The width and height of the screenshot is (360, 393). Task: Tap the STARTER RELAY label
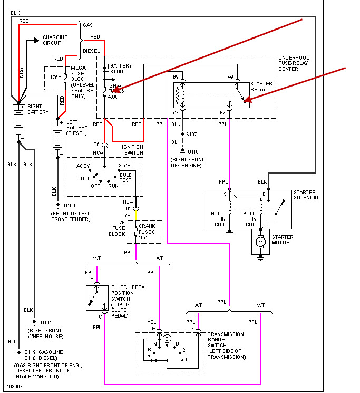(x=261, y=87)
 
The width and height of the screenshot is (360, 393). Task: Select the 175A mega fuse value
(x=56, y=77)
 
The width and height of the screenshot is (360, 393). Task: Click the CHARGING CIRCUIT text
(x=55, y=40)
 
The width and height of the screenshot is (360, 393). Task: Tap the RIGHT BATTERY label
(x=38, y=109)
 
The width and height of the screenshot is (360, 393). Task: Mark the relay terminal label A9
(x=231, y=77)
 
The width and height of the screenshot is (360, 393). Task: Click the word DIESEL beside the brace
(x=91, y=51)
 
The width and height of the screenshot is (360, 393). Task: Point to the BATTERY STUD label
(x=121, y=69)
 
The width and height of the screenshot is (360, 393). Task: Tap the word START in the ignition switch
(x=126, y=166)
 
